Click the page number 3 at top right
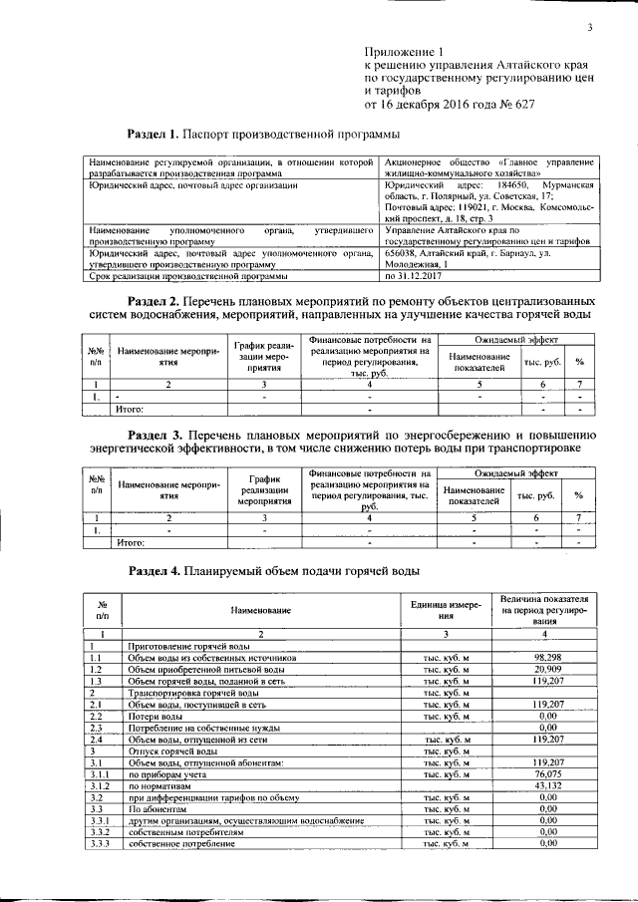click(590, 27)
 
